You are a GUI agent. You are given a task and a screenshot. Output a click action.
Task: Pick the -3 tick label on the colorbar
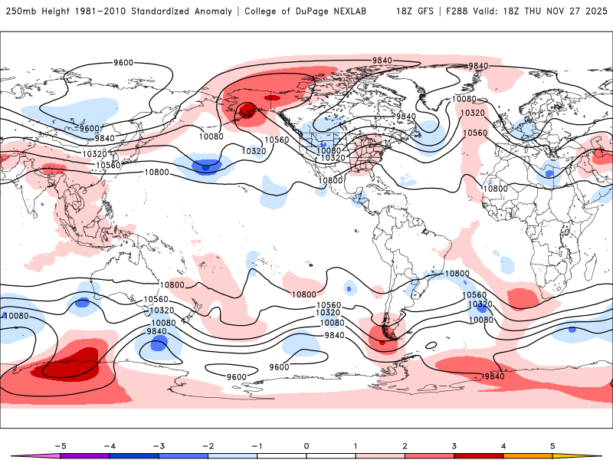(158, 445)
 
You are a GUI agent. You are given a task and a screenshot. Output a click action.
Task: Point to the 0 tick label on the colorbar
(306, 445)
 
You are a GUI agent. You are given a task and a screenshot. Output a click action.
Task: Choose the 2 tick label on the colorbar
(405, 445)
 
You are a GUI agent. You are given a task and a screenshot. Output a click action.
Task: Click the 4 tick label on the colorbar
(503, 445)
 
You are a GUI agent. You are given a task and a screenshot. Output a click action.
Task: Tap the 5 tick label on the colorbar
(552, 445)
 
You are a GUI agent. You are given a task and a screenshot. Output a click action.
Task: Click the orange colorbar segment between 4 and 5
(528, 456)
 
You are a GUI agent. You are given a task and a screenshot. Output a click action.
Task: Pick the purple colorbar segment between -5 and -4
(84, 456)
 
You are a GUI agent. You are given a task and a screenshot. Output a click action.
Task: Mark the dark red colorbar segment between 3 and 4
(479, 456)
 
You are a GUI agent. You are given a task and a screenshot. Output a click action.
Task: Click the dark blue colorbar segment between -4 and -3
(133, 456)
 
